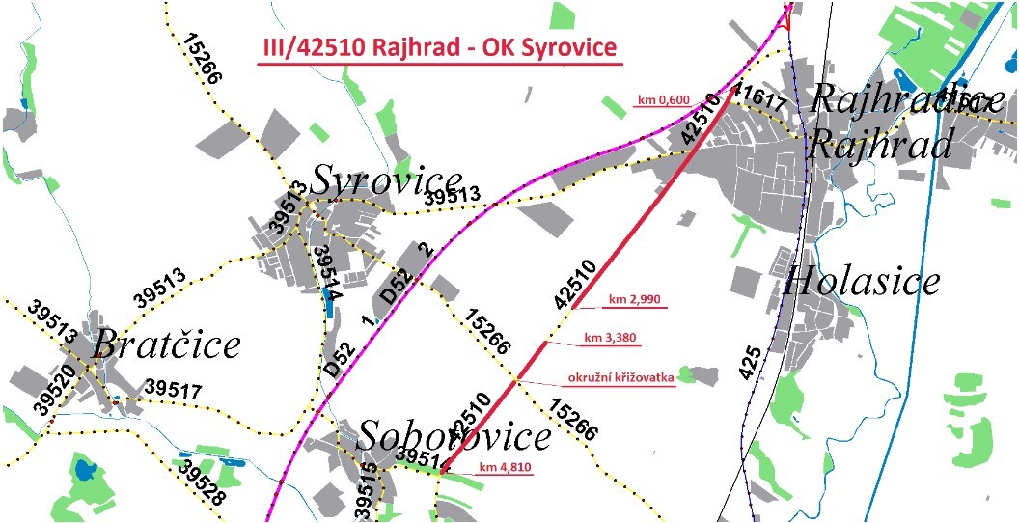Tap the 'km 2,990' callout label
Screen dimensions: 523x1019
click(633, 300)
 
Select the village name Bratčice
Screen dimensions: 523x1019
click(166, 344)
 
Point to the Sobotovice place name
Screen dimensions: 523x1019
click(454, 437)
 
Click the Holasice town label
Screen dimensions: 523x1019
click(862, 281)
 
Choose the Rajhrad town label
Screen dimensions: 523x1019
click(880, 145)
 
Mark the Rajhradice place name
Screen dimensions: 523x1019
click(902, 98)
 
